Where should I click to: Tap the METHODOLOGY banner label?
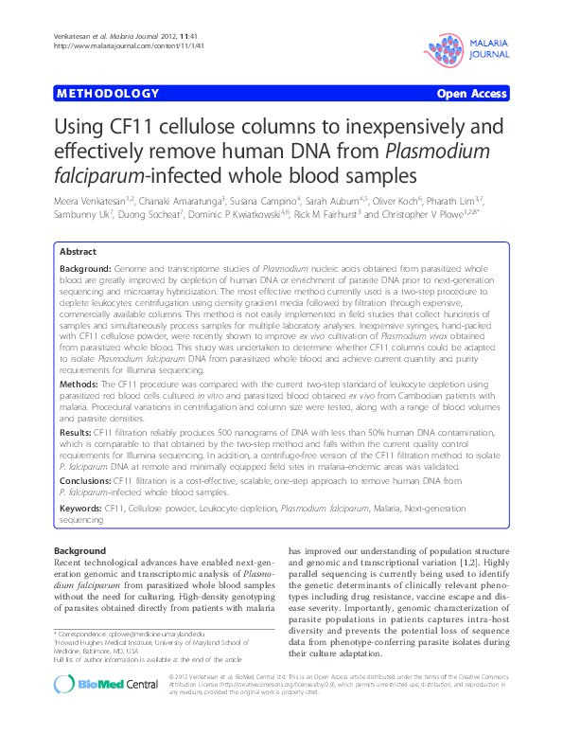pyautogui.click(x=108, y=94)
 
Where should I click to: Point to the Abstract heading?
pyautogui.click(x=78, y=253)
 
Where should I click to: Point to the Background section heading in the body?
pyautogui.click(x=79, y=551)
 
